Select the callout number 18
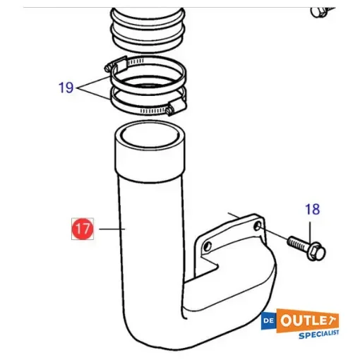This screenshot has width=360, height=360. pyautogui.click(x=312, y=209)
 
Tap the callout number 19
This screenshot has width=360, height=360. pyautogui.click(x=66, y=88)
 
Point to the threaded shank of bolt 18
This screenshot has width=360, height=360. pyautogui.click(x=296, y=244)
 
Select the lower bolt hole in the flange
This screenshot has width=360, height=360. pyautogui.click(x=207, y=247)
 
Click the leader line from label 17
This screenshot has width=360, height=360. pyautogui.click(x=112, y=229)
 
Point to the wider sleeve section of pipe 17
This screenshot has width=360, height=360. pyautogui.click(x=150, y=159)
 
